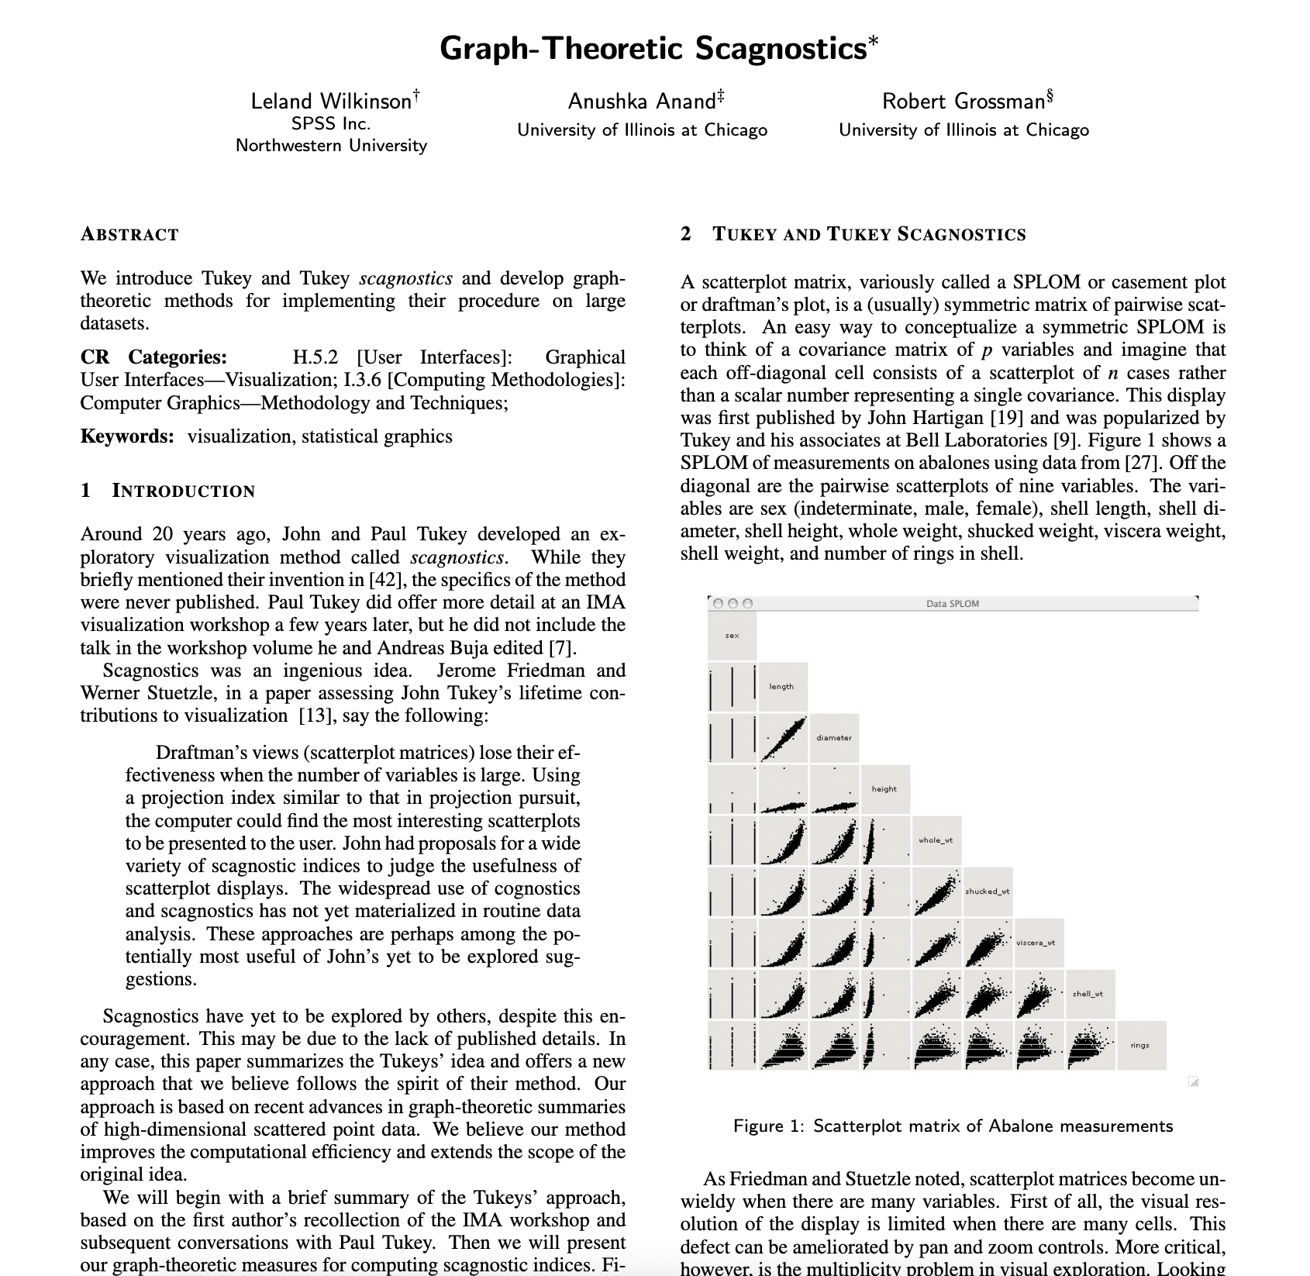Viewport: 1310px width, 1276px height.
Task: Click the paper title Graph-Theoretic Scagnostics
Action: coord(653,48)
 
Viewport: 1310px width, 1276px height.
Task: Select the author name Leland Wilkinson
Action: coord(331,102)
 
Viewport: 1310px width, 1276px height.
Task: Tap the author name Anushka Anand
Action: coord(642,102)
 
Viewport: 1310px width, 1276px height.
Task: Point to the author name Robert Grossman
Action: coord(964,102)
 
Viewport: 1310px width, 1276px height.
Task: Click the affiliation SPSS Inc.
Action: coord(331,124)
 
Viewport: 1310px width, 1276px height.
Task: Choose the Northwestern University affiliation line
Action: coord(331,146)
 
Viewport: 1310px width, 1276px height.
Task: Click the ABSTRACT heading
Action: coord(129,235)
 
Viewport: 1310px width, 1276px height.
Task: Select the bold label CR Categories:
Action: coord(153,357)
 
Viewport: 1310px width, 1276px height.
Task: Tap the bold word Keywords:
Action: coord(127,436)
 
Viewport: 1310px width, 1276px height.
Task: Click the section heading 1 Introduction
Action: coord(168,491)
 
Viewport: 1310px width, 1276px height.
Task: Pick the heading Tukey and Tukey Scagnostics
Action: coord(868,235)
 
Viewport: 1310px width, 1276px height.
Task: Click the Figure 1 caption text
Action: coord(953,1126)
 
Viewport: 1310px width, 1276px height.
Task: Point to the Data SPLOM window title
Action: coord(952,604)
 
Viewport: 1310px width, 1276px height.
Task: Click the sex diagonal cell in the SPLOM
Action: coord(732,636)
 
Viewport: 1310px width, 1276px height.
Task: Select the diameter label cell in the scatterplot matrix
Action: coord(834,738)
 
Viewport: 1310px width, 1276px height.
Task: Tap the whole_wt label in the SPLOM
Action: coord(936,840)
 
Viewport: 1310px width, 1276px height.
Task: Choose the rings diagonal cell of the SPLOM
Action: coord(1140,1046)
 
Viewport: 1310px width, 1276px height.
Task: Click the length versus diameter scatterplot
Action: coord(783,738)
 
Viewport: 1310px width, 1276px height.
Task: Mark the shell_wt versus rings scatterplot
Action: coord(1089,1046)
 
